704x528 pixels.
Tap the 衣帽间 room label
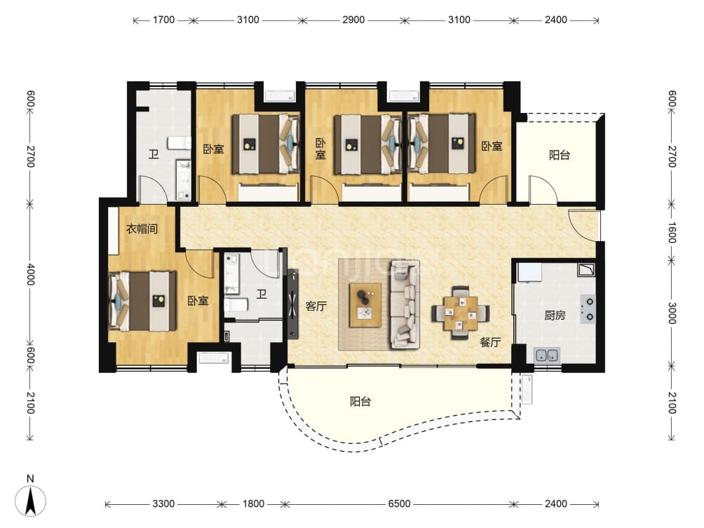pos(142,229)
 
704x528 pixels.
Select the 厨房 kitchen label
pos(555,315)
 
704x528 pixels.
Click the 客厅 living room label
pos(316,306)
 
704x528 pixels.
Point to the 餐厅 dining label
pos(490,342)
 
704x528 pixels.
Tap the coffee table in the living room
pos(365,305)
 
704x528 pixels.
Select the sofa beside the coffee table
pos(405,304)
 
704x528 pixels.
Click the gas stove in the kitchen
pos(588,309)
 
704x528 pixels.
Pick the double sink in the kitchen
pos(546,355)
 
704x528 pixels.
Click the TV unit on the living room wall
pos(293,304)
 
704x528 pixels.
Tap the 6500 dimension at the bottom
pos(399,503)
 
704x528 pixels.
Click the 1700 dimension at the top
pos(163,20)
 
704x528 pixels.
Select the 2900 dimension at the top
pos(353,20)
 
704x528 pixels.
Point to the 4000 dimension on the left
pos(31,274)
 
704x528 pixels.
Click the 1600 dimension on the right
pos(672,233)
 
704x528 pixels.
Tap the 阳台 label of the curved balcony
pos(360,401)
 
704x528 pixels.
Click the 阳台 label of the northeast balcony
pos(560,155)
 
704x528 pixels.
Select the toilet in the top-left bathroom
pos(179,143)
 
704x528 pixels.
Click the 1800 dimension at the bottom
pos(253,503)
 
